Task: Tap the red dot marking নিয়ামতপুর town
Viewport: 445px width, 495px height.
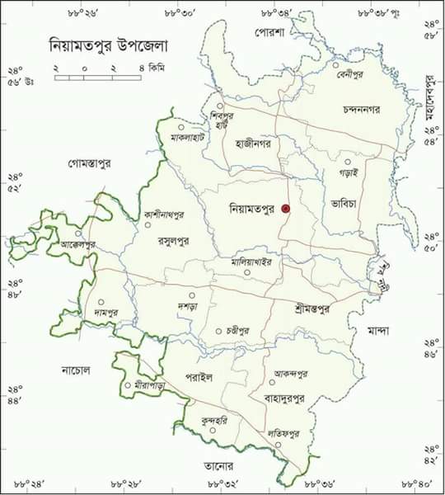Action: (x=286, y=210)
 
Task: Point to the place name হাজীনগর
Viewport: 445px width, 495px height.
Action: (x=253, y=143)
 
